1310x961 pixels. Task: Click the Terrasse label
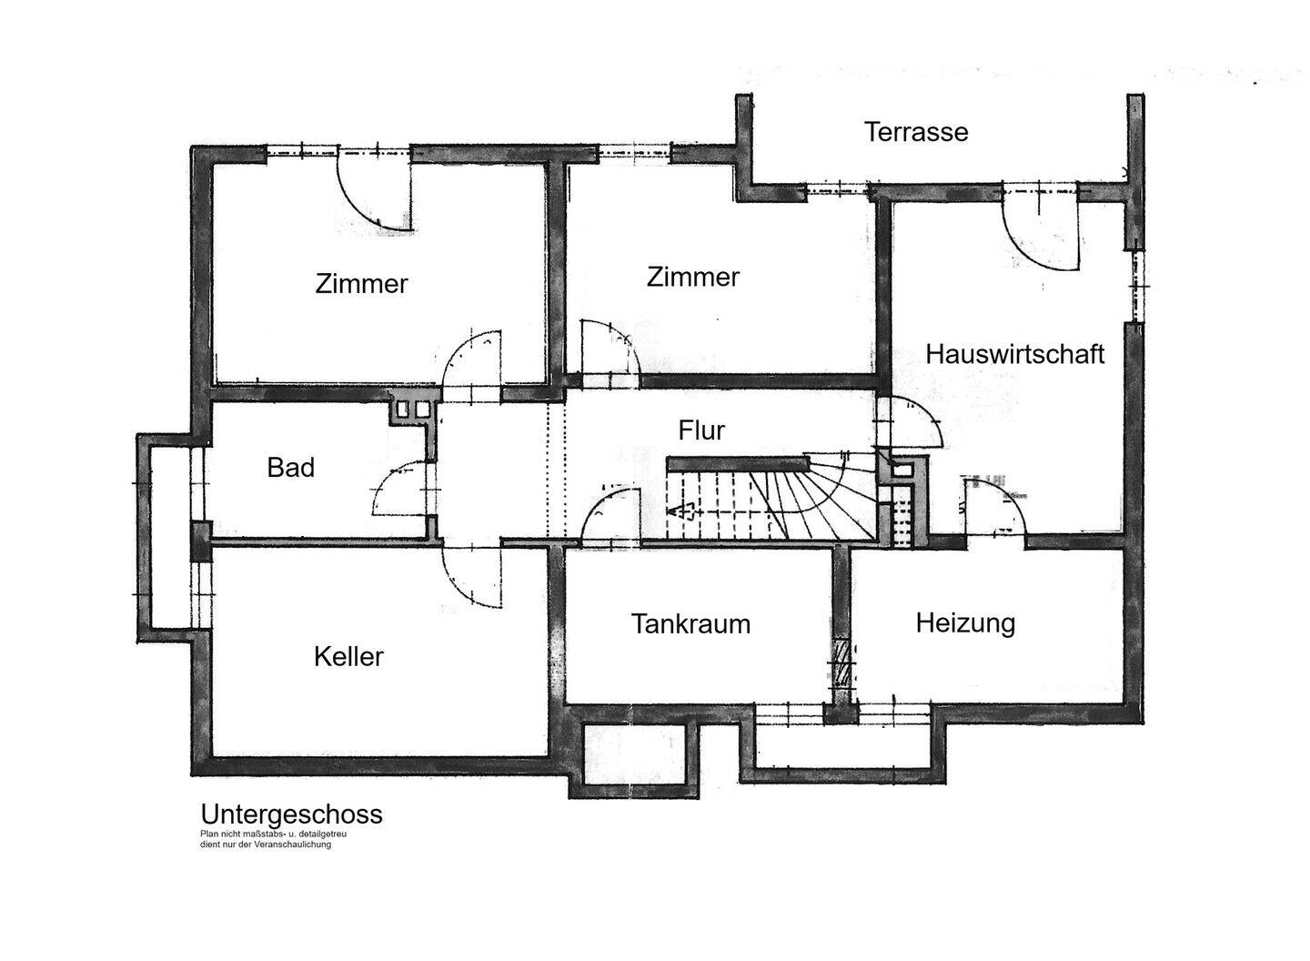tap(916, 132)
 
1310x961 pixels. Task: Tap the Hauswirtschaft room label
tap(1014, 354)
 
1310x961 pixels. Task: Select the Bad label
tap(291, 468)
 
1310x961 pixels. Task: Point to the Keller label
tap(348, 656)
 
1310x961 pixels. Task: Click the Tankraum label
tap(690, 624)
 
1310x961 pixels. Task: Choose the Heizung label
tap(965, 623)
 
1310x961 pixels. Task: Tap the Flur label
tap(701, 430)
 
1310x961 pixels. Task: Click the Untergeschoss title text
tap(291, 814)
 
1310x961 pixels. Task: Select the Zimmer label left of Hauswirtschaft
tap(693, 277)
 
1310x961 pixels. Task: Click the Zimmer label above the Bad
tap(361, 284)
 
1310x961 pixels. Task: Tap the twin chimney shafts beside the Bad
tap(412, 410)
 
